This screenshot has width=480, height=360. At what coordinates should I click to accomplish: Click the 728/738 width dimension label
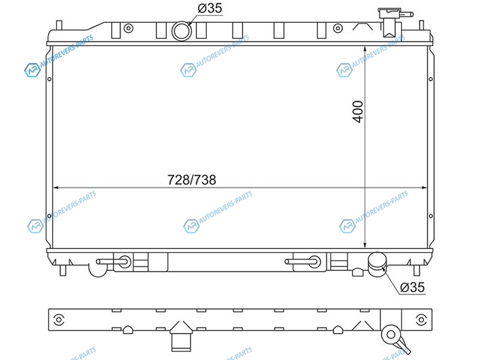pyautogui.click(x=191, y=179)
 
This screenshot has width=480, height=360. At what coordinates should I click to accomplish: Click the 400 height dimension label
pyautogui.click(x=358, y=112)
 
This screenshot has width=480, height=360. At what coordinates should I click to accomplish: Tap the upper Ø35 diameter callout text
pyautogui.click(x=209, y=8)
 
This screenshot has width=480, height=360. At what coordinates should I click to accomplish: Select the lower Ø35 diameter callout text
pyautogui.click(x=412, y=287)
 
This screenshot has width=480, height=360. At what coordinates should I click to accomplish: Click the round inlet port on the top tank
pyautogui.click(x=182, y=31)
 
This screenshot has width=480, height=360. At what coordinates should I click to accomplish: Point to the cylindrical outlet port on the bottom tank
pyautogui.click(x=377, y=264)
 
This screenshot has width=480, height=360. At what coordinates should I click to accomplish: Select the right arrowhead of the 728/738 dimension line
pyautogui.click(x=423, y=187)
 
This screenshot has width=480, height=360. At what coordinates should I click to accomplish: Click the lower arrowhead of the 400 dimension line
pyautogui.click(x=365, y=244)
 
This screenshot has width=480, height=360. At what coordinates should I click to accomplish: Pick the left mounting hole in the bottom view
pyautogui.click(x=59, y=320)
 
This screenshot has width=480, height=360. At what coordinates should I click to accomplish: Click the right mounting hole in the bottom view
pyautogui.click(x=421, y=320)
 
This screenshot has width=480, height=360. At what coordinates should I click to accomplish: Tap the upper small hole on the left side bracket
pyautogui.click(x=49, y=79)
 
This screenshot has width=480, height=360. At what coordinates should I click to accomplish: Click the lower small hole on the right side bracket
pyautogui.click(x=431, y=216)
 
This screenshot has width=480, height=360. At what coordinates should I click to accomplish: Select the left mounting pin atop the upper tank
pyautogui.click(x=59, y=25)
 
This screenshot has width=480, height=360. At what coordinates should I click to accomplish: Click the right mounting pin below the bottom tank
pyautogui.click(x=416, y=271)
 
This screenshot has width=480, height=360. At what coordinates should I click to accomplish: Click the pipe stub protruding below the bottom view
pyautogui.click(x=181, y=341)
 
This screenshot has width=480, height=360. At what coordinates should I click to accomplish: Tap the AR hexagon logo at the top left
pyautogui.click(x=32, y=70)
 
